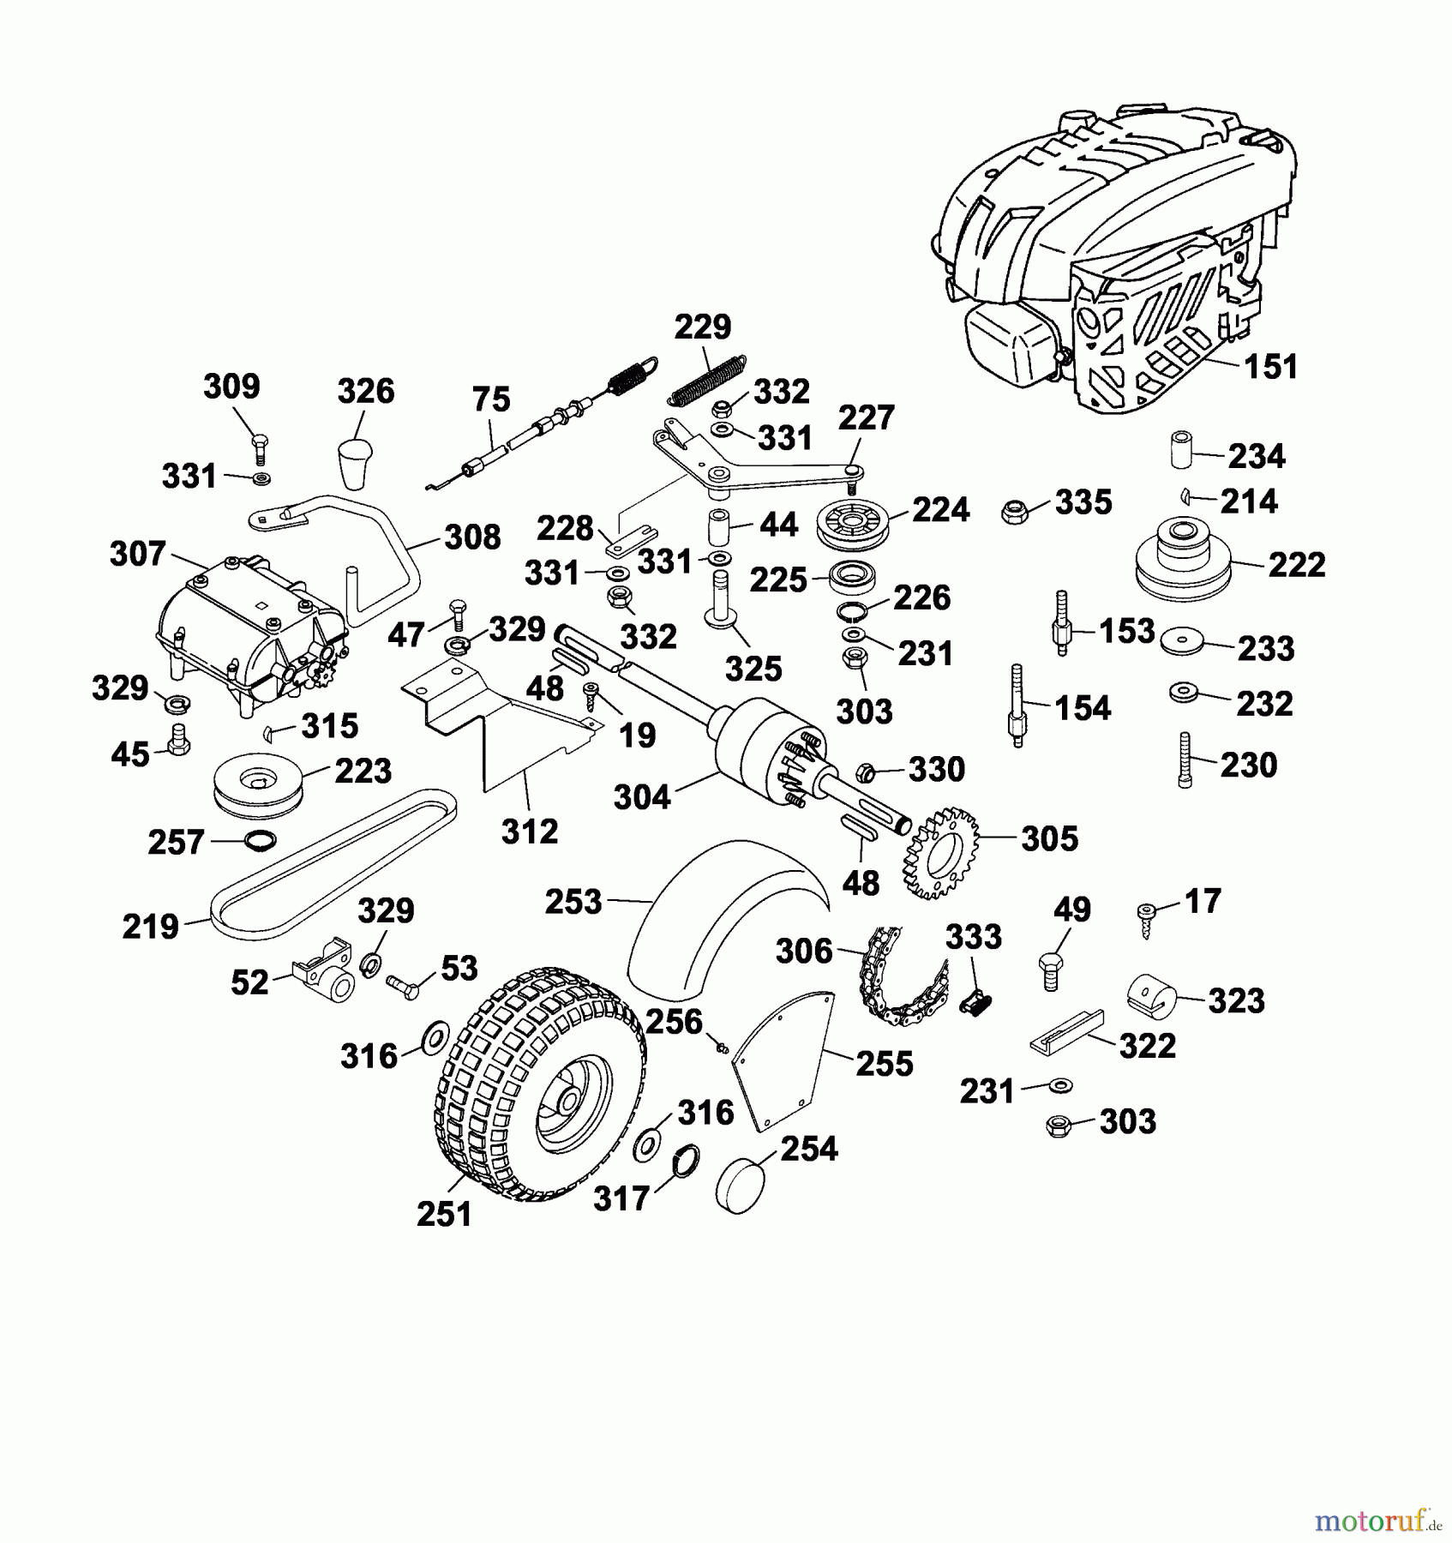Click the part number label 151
tap(1270, 367)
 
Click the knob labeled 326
tap(354, 463)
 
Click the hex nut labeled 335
tap(1015, 513)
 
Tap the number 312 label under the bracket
tap(529, 831)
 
